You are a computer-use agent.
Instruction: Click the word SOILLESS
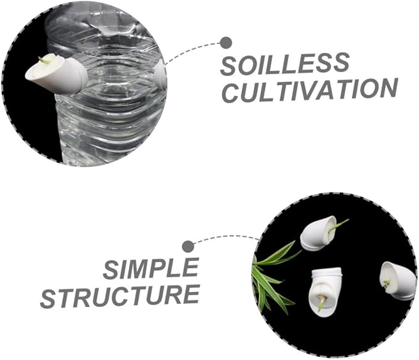[284, 64]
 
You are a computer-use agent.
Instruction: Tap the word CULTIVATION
[310, 91]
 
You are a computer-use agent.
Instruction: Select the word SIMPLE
[151, 269]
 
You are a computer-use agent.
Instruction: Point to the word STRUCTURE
[120, 296]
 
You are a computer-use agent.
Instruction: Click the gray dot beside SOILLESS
[226, 43]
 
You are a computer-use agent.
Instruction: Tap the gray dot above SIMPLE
[188, 247]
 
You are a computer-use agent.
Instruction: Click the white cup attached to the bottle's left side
[57, 74]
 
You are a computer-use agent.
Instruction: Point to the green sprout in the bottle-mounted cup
[44, 60]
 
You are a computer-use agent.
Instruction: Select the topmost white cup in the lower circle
[318, 233]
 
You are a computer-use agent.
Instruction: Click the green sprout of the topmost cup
[338, 226]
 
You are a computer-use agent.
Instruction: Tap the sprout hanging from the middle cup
[322, 303]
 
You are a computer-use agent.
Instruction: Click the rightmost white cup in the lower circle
[397, 280]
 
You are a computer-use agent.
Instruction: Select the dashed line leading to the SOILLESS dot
[191, 50]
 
